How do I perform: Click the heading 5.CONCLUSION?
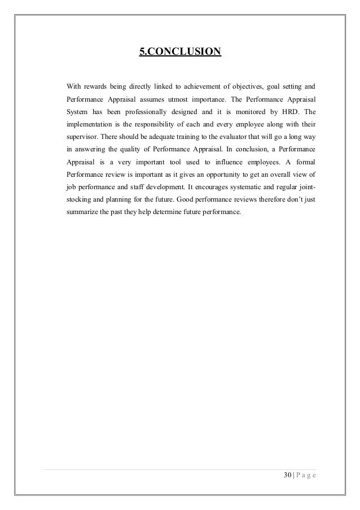[181, 53]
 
